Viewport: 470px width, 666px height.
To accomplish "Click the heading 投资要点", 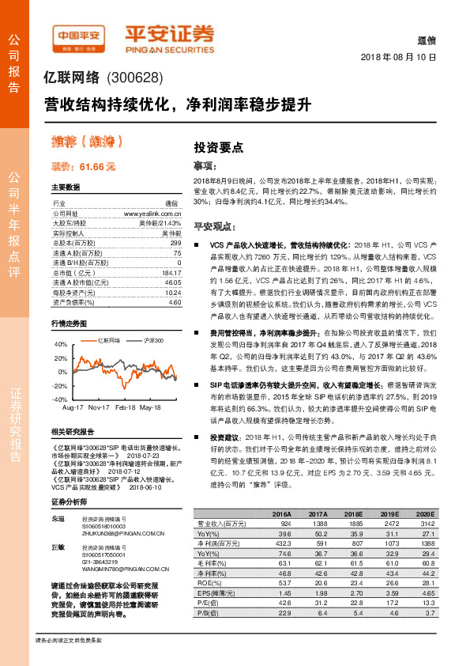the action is (x=219, y=148).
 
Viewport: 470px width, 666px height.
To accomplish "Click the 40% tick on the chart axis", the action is (x=61, y=345).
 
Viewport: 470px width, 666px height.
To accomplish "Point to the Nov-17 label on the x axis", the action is (x=100, y=407).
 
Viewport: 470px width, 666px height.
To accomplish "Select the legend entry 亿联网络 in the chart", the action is (x=109, y=340).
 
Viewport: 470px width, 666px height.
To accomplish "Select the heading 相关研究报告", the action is (x=73, y=432).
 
